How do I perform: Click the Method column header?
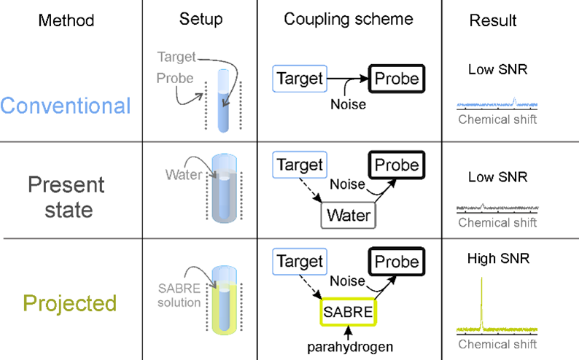coord(66,20)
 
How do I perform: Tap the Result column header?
coord(494,20)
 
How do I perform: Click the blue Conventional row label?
coord(66,106)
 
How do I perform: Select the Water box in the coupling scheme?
coord(349,216)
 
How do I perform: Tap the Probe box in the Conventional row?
coord(397,79)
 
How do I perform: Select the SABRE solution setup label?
coord(179,296)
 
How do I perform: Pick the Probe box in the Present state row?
coord(397,165)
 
